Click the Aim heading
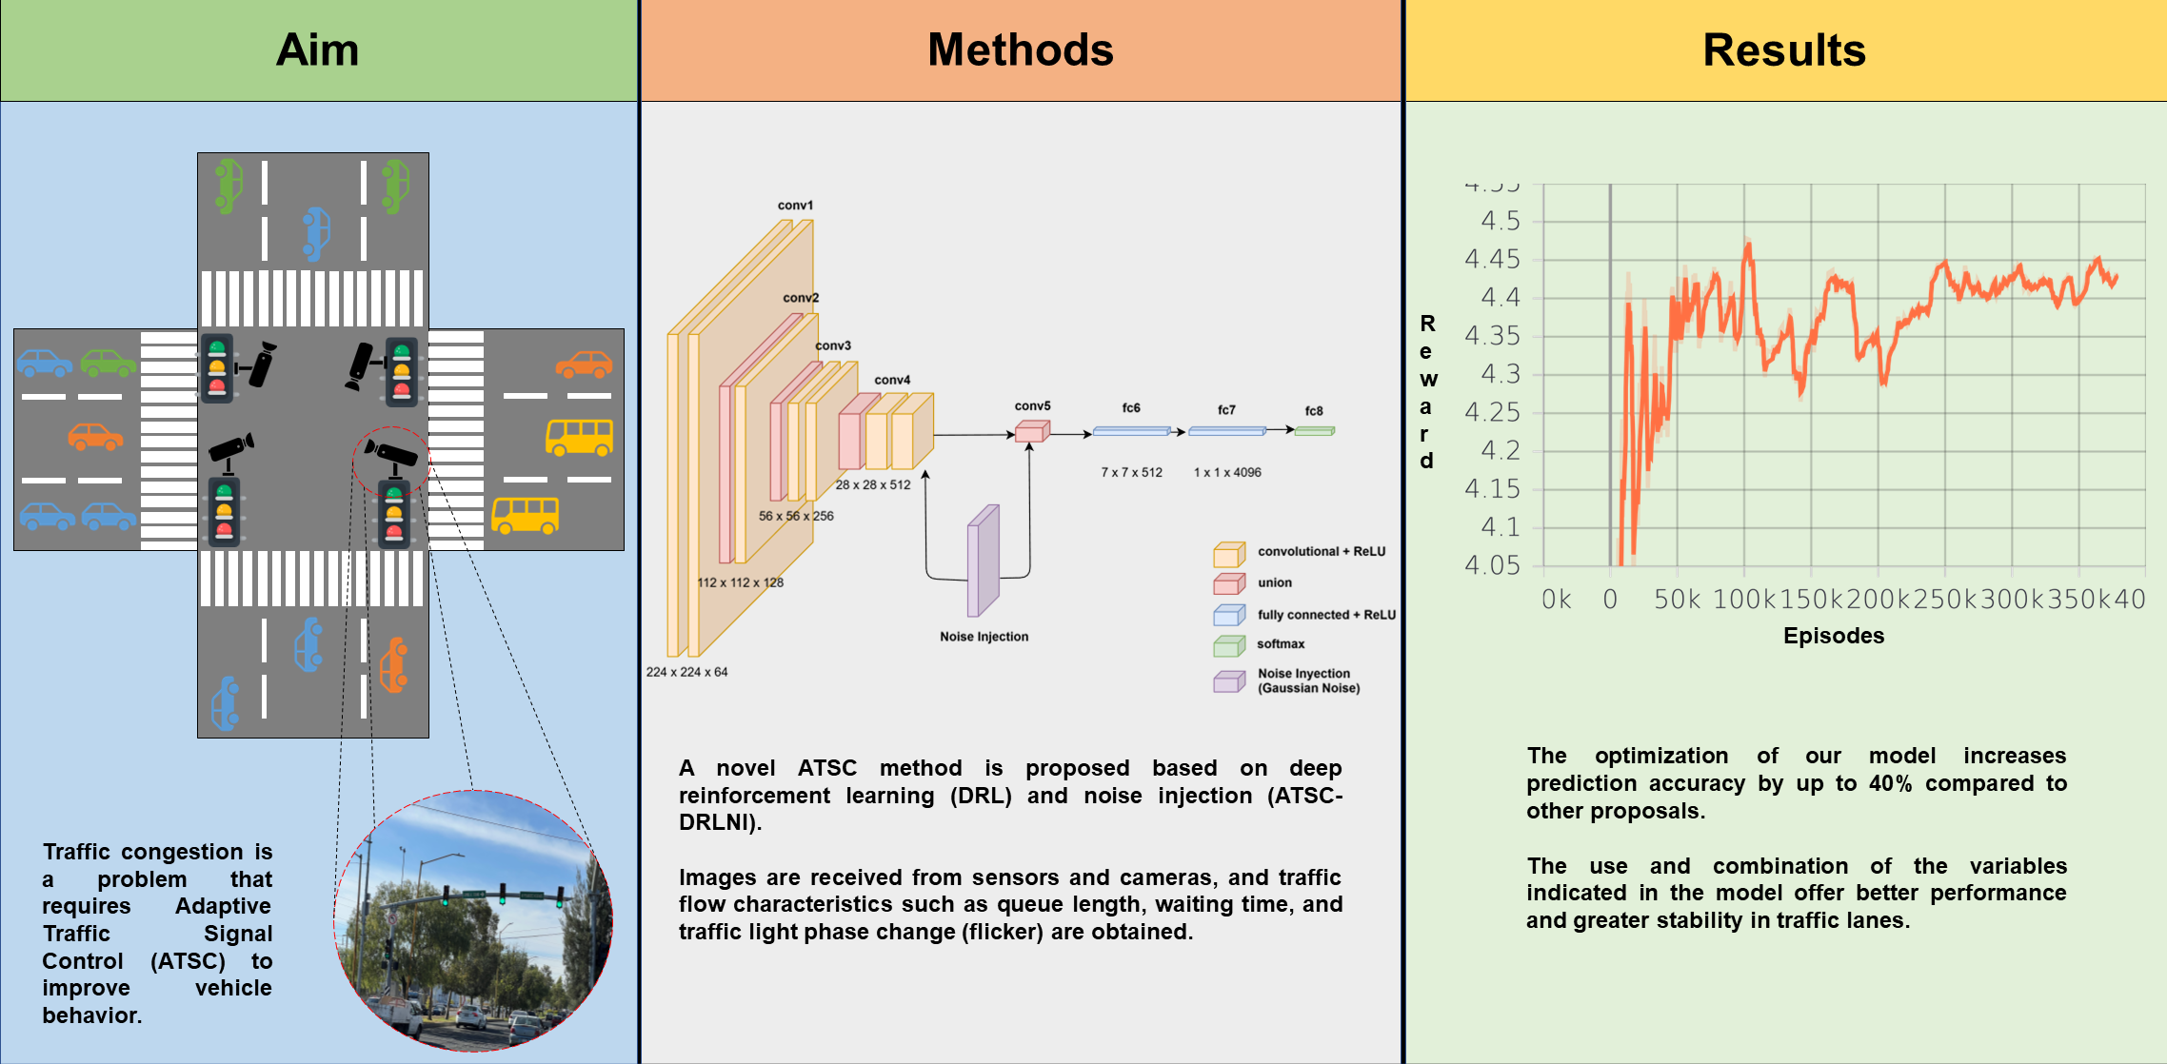pos(317,49)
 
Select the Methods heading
pos(1020,49)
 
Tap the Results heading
pos(1783,49)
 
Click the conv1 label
pos(795,206)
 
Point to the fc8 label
pos(1314,411)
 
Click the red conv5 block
pos(1031,432)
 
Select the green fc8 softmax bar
pos(1314,431)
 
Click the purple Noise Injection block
pos(983,562)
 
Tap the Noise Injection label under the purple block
pos(984,637)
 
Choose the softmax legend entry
pos(1281,644)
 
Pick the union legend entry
pos(1274,582)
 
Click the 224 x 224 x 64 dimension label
pos(686,672)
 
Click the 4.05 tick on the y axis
pos(1492,565)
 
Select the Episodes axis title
pos(1833,636)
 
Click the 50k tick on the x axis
pos(1676,600)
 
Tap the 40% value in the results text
pos(1890,783)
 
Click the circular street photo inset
pos(473,921)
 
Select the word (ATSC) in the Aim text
pos(188,961)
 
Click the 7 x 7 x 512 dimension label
pos(1131,473)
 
